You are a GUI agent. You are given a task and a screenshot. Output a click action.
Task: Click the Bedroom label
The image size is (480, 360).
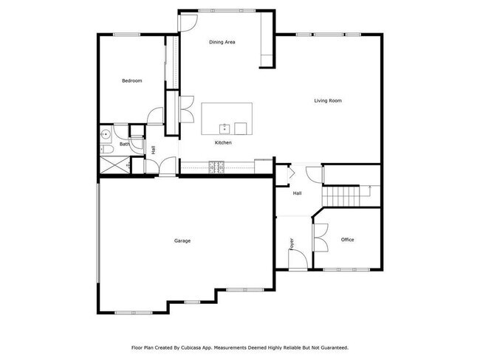pos(131,80)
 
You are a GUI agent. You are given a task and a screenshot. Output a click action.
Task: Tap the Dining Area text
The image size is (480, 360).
pos(222,42)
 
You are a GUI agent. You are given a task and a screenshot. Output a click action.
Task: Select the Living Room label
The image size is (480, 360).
pos(328,100)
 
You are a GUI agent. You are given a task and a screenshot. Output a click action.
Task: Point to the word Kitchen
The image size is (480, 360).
pos(224,142)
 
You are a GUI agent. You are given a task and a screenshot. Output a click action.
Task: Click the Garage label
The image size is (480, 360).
pos(182,240)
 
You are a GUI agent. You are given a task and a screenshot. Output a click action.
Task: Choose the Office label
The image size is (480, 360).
pos(347,240)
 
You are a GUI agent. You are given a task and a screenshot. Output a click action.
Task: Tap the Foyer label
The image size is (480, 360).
pos(292,243)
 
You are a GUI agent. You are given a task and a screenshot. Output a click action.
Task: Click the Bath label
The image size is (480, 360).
pos(124,145)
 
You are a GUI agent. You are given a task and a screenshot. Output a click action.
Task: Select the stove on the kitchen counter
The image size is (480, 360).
pos(216,169)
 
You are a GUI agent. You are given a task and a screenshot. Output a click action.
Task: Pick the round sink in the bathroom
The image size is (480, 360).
pos(106,135)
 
